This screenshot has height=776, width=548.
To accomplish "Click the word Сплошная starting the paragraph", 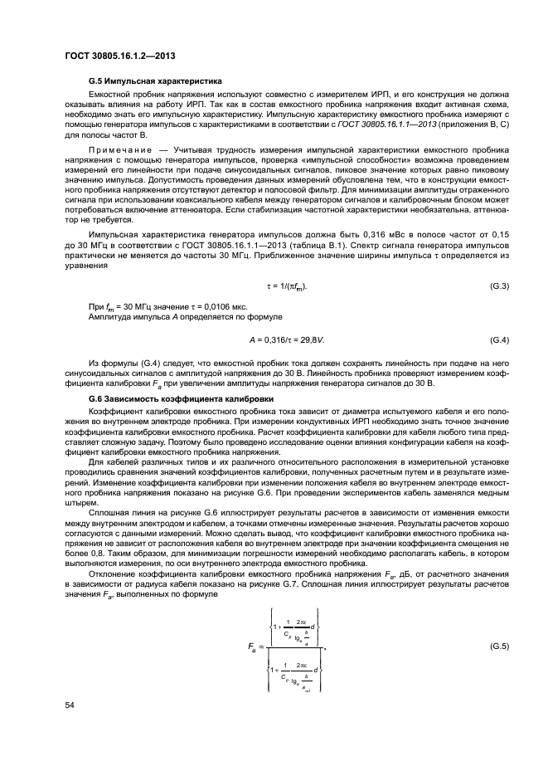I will point(109,515).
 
